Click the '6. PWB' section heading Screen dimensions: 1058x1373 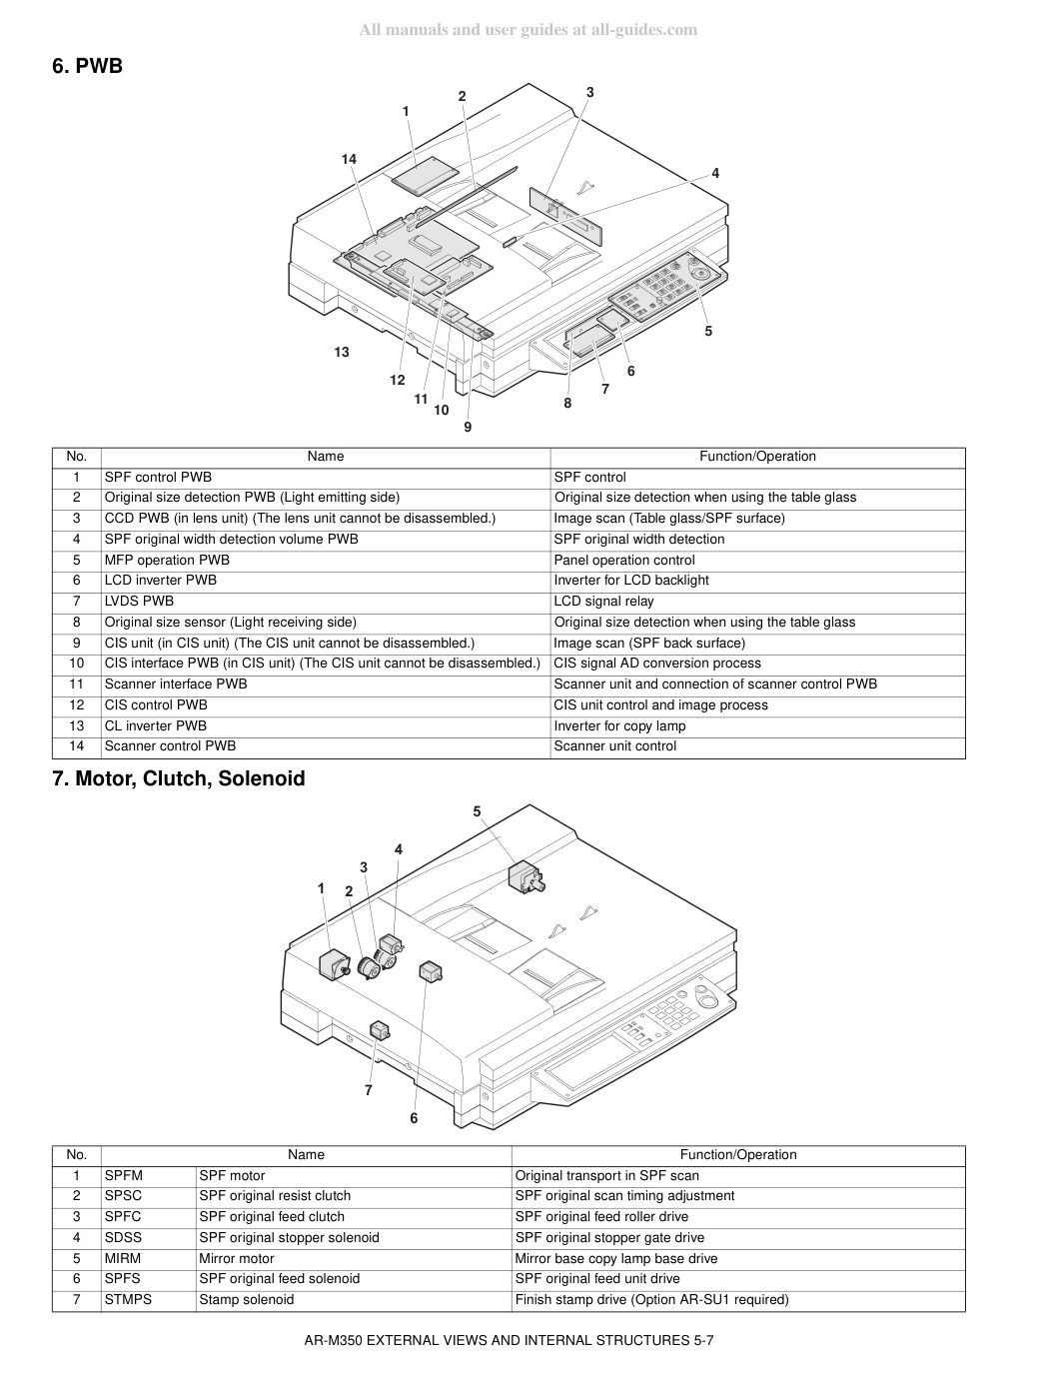tap(87, 66)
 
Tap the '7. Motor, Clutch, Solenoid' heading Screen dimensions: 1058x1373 tap(179, 778)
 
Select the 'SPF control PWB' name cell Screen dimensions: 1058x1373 tap(158, 477)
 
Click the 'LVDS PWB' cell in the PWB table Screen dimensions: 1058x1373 tap(139, 601)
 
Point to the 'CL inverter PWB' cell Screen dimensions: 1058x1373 tap(156, 726)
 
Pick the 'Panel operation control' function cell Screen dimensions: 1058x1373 tap(624, 560)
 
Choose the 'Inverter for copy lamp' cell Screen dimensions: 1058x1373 tap(619, 726)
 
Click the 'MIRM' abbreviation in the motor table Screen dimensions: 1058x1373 tap(123, 1258)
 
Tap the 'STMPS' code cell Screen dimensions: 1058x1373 tap(128, 1299)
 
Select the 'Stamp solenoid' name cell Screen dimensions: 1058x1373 tap(247, 1299)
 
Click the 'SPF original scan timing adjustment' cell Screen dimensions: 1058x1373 tap(624, 1195)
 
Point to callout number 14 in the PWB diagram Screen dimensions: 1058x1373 tap(349, 159)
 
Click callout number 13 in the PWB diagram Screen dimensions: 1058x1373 tap(342, 352)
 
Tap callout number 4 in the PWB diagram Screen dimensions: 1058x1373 tap(715, 173)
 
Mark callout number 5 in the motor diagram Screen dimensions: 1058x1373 tap(477, 811)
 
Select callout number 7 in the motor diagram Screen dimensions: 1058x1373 tap(369, 1090)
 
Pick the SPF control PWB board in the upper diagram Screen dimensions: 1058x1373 tap(425, 175)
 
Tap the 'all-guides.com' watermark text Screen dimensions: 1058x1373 tap(643, 30)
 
